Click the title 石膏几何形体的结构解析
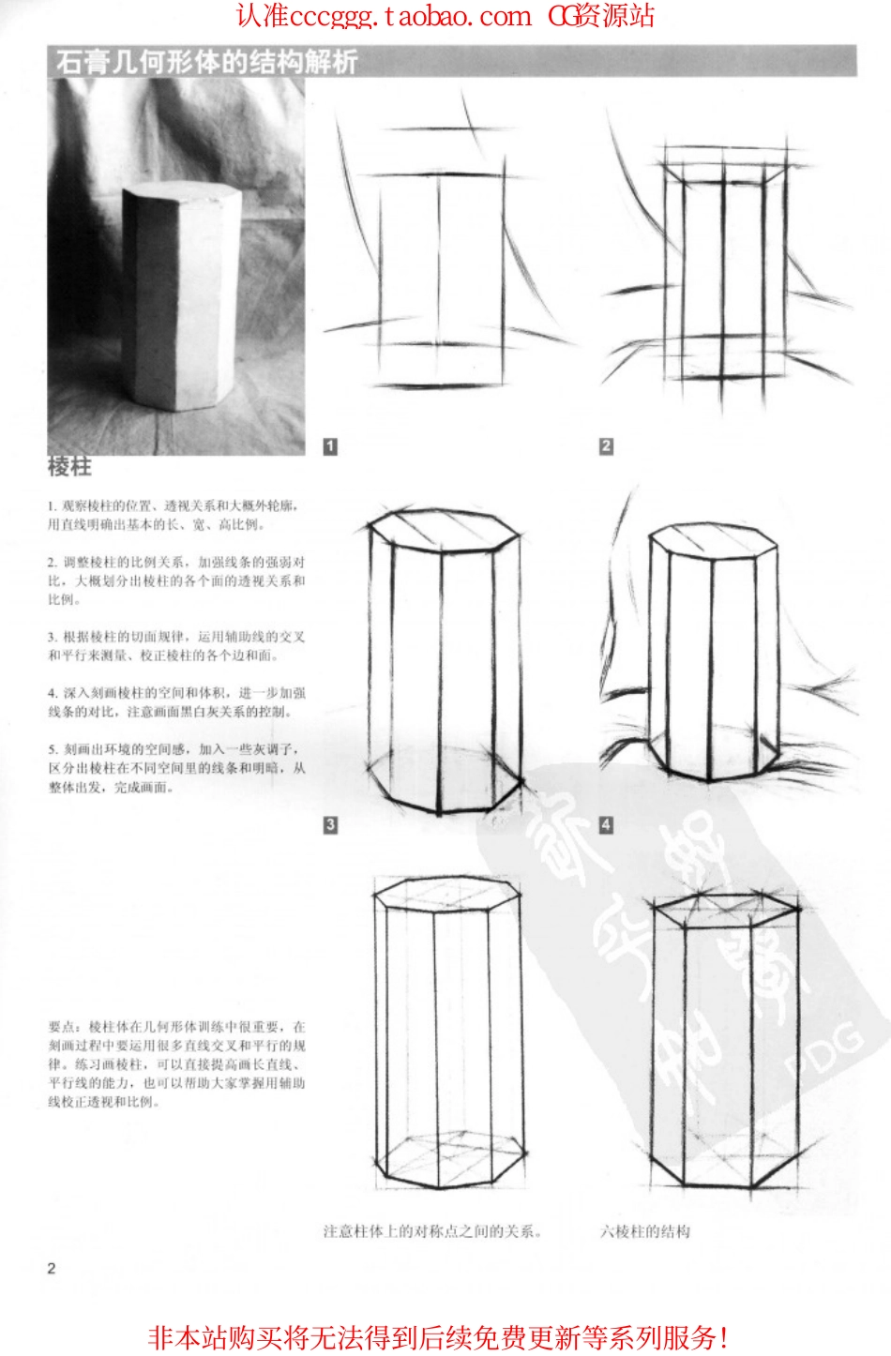(x=206, y=62)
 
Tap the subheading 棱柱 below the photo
(x=69, y=466)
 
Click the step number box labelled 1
(x=330, y=446)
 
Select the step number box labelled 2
(x=606, y=446)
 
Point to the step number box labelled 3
(x=330, y=824)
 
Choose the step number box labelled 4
(x=606, y=824)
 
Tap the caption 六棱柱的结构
(x=645, y=1231)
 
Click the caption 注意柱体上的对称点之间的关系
(x=432, y=1231)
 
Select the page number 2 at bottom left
(x=52, y=1268)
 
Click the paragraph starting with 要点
(x=176, y=1064)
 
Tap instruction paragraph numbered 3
(x=176, y=646)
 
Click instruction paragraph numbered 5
(x=176, y=768)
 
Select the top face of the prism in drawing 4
(x=713, y=542)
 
